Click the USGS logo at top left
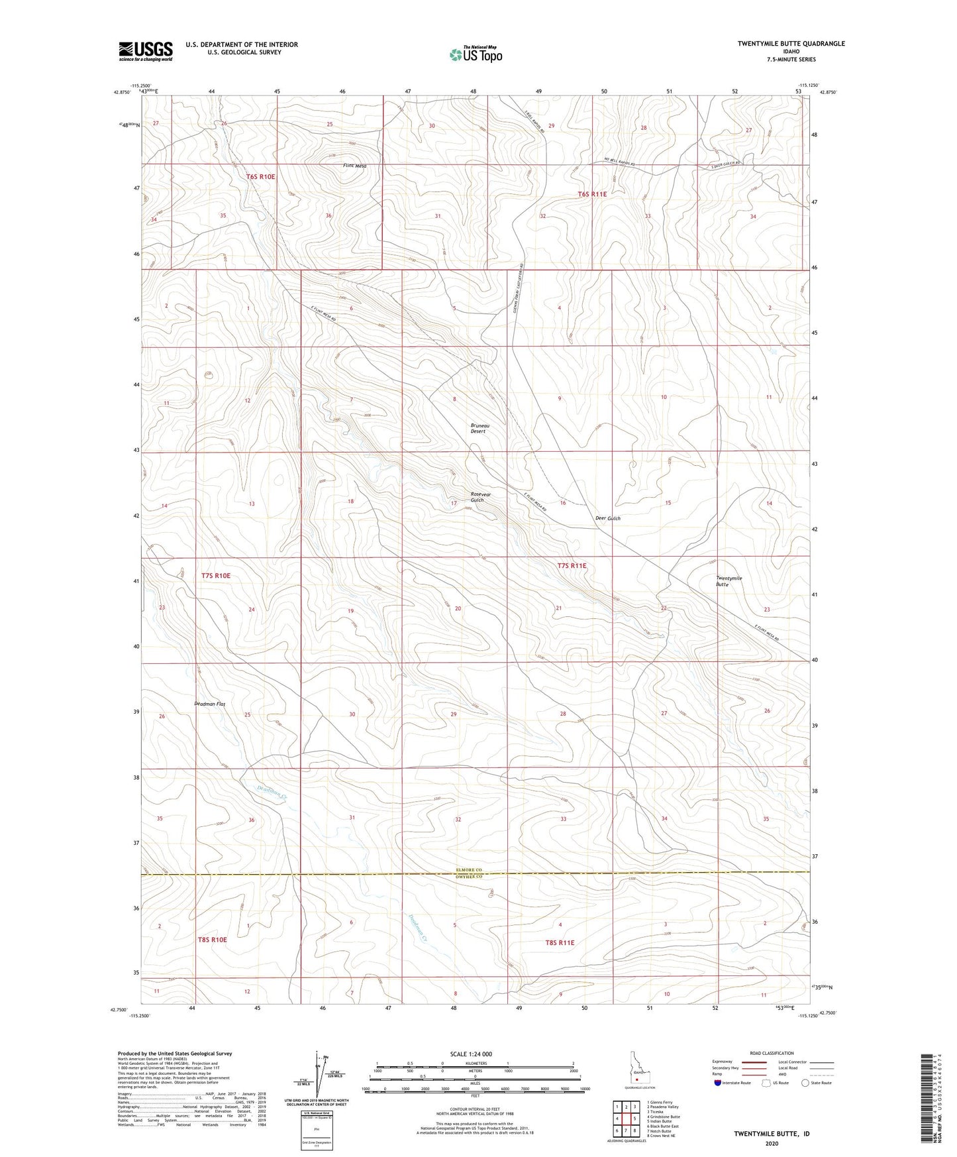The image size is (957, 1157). (146, 50)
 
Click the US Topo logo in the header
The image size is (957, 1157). (474, 54)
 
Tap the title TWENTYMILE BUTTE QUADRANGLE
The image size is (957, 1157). (791, 44)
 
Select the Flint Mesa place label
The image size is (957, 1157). (354, 166)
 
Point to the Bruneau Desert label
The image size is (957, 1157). (478, 428)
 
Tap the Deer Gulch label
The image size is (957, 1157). (607, 518)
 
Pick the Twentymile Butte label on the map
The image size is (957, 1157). (729, 581)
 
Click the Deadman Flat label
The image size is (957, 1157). (210, 704)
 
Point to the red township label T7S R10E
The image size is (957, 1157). (216, 576)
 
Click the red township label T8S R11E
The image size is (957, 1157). (560, 942)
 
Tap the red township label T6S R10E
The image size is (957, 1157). (260, 177)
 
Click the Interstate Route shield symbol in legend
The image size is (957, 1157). (719, 1083)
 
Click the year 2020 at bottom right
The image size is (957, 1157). (772, 1143)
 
